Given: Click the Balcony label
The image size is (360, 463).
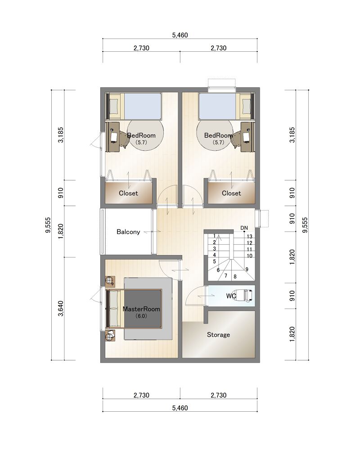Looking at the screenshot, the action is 128,232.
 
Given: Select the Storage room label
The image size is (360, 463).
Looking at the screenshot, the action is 218,335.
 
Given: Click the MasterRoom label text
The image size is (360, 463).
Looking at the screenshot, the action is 141,309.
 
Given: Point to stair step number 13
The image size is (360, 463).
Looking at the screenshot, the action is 250,237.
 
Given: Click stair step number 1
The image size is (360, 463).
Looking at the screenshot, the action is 214,236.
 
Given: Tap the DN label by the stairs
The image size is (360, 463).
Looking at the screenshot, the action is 244,228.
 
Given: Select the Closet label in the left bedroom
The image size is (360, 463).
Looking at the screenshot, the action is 128,193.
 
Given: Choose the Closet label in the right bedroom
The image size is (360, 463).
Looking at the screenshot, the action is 231,193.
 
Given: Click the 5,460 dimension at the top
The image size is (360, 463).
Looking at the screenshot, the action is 180,35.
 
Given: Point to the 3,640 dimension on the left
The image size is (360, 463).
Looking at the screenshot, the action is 61,309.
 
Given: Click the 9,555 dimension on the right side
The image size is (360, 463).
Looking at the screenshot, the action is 305,225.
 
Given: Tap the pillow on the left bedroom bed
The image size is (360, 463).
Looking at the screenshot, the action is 114,106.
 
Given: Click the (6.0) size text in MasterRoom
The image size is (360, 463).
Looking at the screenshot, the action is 141,316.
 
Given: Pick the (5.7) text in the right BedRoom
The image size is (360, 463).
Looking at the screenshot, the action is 219,142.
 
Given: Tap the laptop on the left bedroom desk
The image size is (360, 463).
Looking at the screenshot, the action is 114,137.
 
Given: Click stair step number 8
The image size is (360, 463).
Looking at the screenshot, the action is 235,277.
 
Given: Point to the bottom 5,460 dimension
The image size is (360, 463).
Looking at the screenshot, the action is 180,408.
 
